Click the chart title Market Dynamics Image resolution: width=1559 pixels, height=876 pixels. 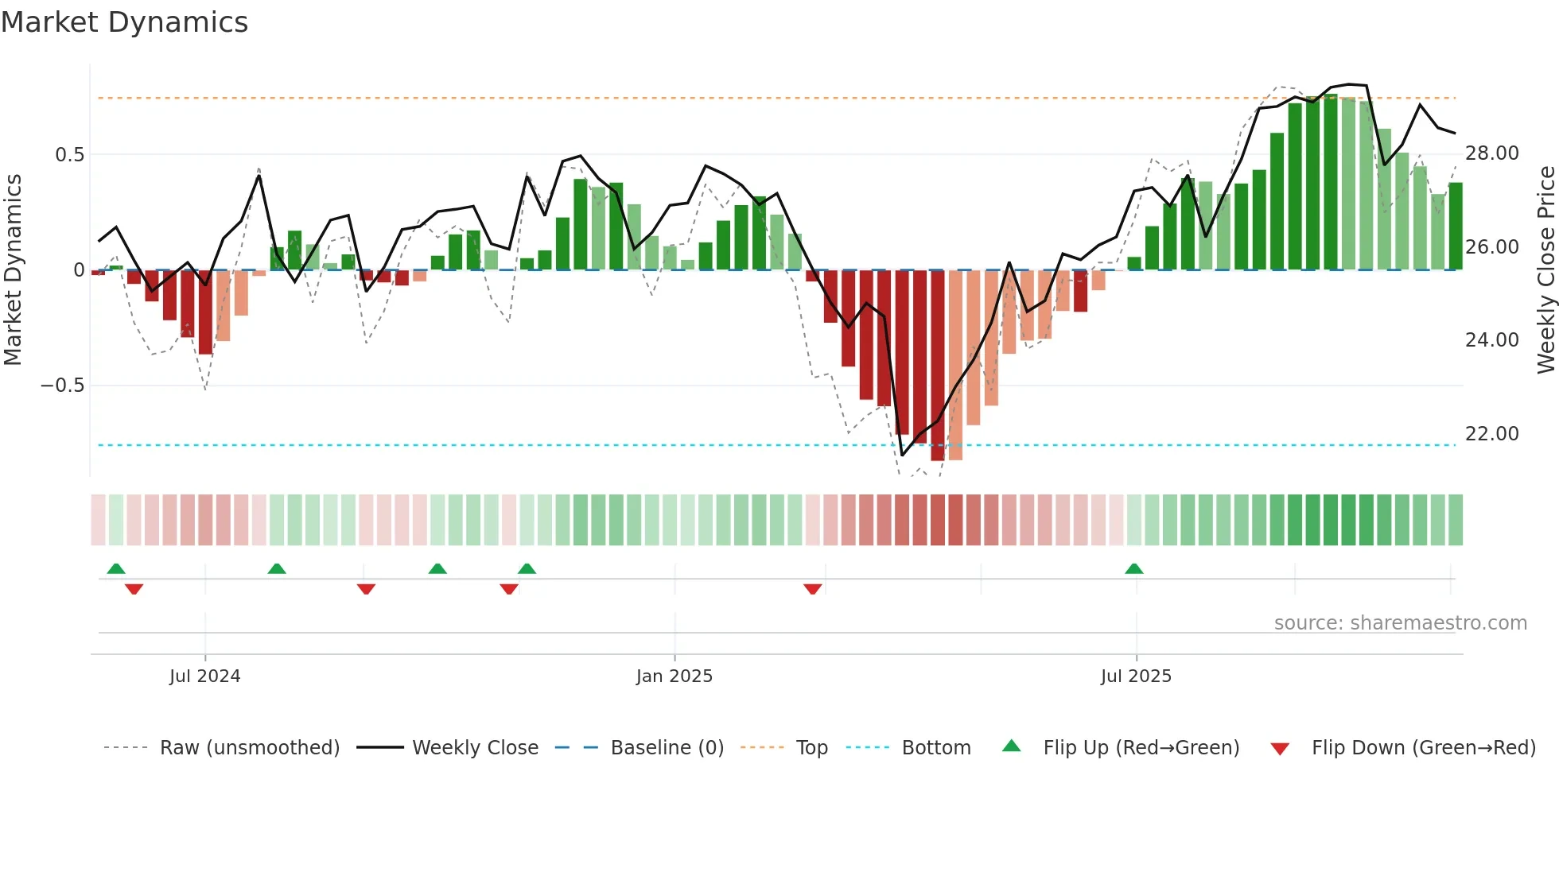tap(124, 22)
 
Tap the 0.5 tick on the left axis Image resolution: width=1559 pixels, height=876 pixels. tap(69, 154)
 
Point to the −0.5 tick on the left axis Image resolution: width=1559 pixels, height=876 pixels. tap(62, 386)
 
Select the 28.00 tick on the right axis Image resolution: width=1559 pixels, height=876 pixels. tap(1491, 153)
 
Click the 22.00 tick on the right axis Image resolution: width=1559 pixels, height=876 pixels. tap(1491, 434)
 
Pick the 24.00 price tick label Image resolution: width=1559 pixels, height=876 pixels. tap(1491, 340)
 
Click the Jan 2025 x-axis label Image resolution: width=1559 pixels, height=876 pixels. tap(674, 676)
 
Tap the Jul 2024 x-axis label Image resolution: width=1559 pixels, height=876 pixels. tap(204, 676)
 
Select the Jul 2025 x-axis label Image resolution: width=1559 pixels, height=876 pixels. tap(1136, 676)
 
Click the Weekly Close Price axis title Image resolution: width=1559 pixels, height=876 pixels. tap(1545, 270)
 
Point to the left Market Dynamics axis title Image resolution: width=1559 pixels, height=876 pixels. tap(13, 270)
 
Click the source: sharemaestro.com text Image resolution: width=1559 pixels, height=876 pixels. tap(1400, 623)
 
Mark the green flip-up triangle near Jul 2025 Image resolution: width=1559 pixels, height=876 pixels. tap(1134, 568)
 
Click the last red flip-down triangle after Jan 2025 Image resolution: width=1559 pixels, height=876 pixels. tap(812, 589)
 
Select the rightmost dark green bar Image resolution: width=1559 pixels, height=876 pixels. tap(1455, 227)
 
